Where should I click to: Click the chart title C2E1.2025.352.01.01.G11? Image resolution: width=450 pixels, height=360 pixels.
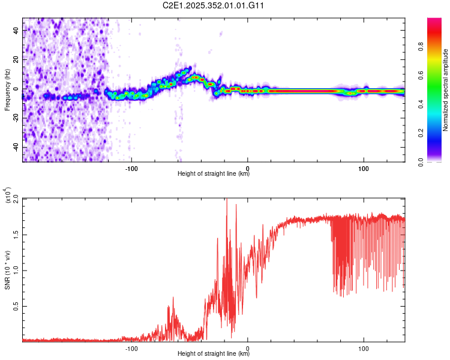[214, 5]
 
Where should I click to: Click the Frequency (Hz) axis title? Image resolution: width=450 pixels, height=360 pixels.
[7, 89]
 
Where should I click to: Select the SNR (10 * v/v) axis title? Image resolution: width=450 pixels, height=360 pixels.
[7, 269]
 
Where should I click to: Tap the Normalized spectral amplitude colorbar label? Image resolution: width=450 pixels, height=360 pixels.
[446, 90]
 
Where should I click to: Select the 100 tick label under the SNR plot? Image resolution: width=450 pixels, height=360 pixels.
[364, 348]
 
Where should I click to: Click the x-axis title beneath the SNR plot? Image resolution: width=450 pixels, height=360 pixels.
[214, 355]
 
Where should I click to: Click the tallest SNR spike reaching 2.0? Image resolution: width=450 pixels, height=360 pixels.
[226, 200]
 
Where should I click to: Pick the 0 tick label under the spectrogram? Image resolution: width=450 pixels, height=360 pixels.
[248, 167]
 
